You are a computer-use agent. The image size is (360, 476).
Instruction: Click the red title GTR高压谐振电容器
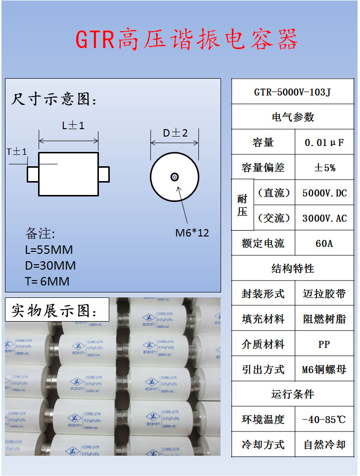(186, 39)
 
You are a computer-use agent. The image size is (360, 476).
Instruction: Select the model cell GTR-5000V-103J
(292, 92)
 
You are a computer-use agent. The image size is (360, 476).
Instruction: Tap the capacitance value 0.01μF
(324, 143)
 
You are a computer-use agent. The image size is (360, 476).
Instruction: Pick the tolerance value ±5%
(324, 168)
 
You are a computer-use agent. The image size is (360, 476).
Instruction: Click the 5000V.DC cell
(324, 193)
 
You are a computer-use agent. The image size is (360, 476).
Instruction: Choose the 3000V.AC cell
(324, 218)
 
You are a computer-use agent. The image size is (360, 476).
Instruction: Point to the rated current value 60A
(324, 243)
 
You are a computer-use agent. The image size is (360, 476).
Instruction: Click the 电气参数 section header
(292, 117)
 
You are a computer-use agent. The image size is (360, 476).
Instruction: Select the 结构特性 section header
(292, 269)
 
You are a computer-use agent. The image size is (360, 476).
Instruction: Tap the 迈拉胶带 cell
(324, 294)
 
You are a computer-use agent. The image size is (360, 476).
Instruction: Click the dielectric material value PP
(324, 344)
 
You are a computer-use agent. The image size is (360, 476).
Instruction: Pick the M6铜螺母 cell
(324, 369)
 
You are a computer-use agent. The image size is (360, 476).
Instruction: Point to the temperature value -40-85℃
(324, 420)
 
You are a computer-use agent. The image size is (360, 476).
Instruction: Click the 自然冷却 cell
(324, 445)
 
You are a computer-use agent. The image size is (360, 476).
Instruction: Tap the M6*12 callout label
(192, 233)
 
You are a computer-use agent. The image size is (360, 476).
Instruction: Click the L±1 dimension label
(73, 126)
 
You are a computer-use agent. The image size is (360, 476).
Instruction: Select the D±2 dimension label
(176, 133)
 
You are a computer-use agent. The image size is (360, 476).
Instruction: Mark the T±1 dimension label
(17, 152)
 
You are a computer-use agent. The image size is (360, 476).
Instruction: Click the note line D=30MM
(50, 266)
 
